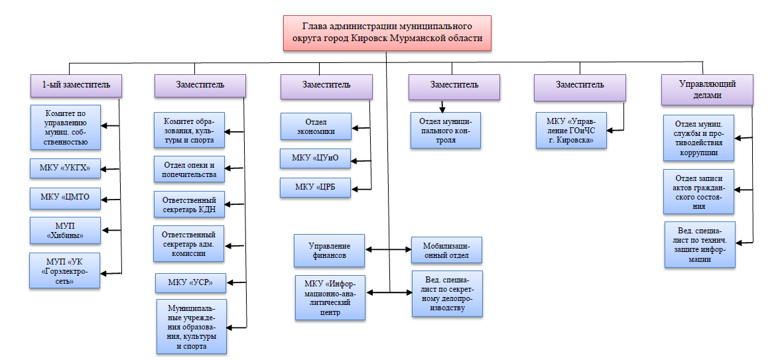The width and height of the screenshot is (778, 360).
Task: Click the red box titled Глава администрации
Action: tap(387, 34)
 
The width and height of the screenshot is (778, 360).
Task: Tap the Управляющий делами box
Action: tap(707, 90)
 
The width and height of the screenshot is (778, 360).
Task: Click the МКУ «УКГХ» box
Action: tap(65, 169)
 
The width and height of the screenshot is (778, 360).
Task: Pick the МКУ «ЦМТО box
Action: tap(65, 198)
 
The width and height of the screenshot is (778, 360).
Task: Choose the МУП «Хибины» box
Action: tap(65, 230)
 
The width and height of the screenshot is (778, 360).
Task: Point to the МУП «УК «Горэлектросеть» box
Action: tap(65, 270)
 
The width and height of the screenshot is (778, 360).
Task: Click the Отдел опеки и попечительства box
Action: tap(189, 170)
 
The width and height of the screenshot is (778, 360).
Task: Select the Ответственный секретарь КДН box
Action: tap(189, 204)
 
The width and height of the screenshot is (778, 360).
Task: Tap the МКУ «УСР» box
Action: tap(191, 282)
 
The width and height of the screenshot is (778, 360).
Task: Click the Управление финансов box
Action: tap(330, 250)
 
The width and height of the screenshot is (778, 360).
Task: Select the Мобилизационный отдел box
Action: tap(446, 250)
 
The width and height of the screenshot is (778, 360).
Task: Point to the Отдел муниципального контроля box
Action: tap(445, 131)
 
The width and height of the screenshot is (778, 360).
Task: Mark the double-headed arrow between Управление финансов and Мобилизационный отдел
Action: tap(389, 250)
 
